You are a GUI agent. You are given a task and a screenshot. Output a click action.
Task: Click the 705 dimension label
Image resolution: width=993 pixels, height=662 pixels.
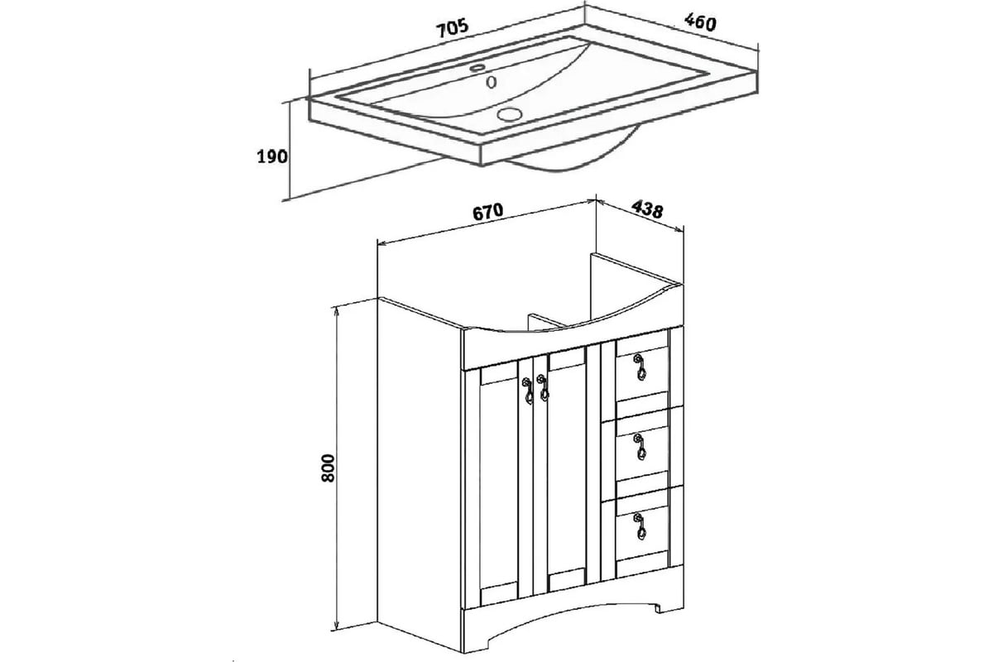(453, 28)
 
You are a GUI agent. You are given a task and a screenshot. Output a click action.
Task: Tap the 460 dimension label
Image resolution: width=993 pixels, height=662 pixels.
(700, 22)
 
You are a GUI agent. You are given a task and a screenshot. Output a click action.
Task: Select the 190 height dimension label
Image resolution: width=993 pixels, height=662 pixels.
(272, 156)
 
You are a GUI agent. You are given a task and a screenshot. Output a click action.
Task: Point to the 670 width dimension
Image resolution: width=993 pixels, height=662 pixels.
(488, 212)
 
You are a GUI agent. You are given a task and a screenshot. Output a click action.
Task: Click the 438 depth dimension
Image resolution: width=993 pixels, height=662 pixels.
(647, 209)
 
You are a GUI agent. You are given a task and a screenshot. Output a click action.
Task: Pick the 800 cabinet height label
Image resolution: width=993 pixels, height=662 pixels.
(328, 468)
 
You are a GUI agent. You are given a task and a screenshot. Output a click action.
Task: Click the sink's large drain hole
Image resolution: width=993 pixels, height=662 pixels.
(510, 114)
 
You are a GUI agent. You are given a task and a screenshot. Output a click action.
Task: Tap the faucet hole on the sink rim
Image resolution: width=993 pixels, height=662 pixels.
(477, 68)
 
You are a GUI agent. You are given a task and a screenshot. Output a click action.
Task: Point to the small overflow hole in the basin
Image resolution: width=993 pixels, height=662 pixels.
(491, 82)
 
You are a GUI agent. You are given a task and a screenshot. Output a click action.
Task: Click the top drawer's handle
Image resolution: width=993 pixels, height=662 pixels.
(640, 367)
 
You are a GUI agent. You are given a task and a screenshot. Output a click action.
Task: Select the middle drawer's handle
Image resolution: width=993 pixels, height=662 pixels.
(640, 447)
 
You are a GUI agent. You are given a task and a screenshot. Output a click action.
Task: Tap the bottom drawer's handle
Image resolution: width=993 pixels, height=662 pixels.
(640, 526)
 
